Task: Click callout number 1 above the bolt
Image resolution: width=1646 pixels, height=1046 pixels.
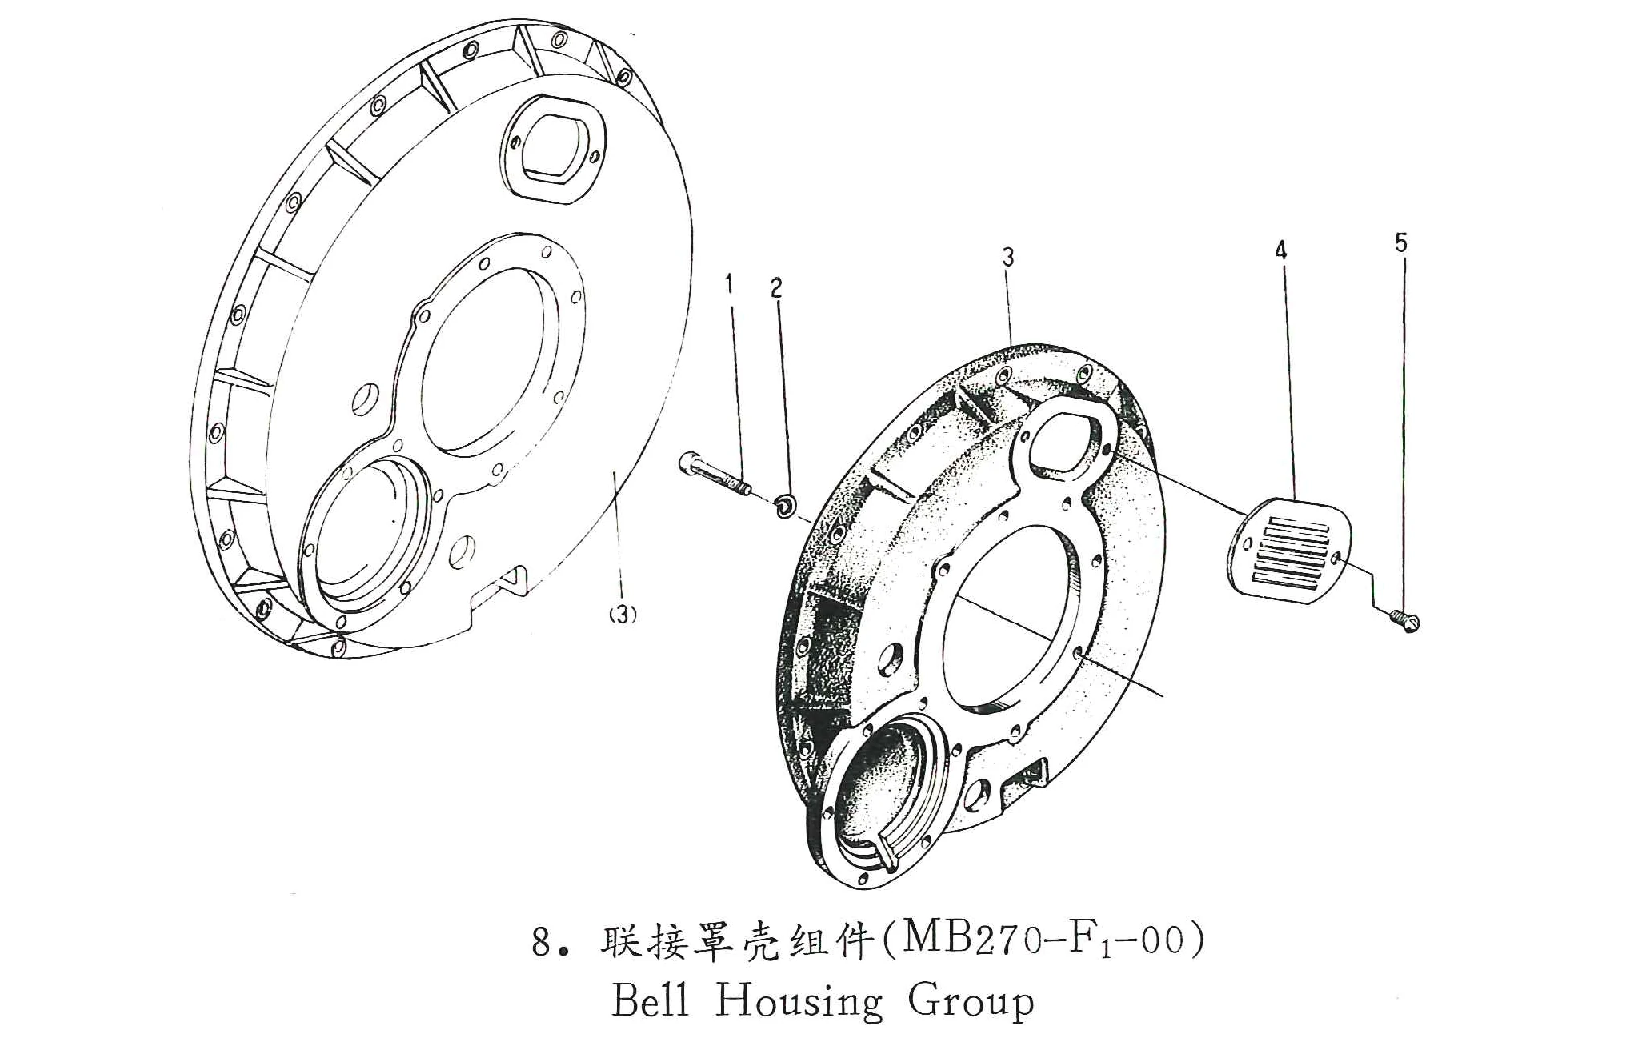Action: point(729,284)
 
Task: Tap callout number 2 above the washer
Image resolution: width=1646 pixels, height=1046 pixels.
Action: point(776,288)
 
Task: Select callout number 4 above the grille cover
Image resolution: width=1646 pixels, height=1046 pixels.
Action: point(1281,251)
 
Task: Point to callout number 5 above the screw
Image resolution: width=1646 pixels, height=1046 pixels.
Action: point(1400,242)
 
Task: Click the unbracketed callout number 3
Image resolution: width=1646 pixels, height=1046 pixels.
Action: point(1008,257)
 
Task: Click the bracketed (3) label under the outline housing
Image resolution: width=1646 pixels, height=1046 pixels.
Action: point(623,615)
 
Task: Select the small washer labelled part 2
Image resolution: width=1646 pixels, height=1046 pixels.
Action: point(785,506)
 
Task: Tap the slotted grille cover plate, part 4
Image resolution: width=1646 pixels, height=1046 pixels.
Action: point(1289,551)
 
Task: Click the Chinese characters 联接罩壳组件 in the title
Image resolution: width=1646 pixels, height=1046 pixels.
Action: point(735,942)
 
